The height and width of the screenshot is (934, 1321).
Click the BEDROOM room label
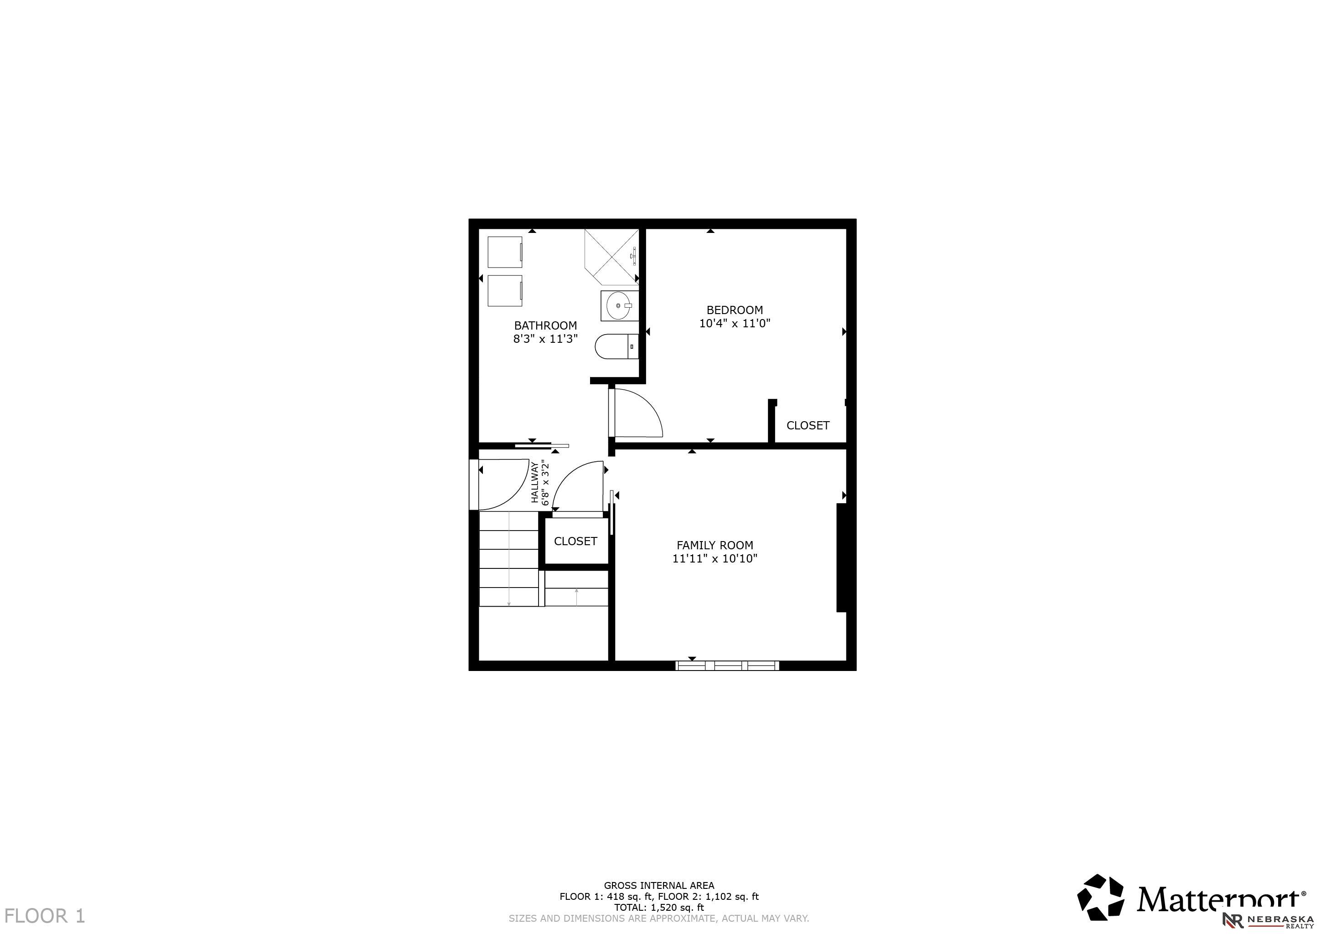tap(735, 310)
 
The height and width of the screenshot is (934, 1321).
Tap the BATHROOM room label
tap(545, 325)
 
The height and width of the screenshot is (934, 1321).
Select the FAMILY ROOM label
tap(715, 545)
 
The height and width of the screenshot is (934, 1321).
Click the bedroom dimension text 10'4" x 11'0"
tap(735, 323)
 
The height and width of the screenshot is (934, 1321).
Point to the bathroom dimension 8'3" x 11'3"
tap(545, 339)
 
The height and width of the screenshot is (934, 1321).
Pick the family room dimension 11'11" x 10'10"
tap(715, 558)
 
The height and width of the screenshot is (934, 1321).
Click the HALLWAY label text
tap(534, 482)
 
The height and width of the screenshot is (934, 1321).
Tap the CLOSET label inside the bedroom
tap(808, 426)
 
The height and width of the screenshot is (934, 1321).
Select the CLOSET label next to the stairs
tap(575, 541)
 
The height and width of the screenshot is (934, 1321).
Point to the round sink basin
tap(619, 306)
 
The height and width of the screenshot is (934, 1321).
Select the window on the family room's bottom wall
tap(727, 666)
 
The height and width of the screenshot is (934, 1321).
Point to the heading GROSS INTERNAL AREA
tap(659, 886)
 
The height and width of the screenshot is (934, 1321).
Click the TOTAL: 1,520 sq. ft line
tap(659, 908)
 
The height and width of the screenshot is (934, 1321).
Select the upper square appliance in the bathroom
tap(505, 252)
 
